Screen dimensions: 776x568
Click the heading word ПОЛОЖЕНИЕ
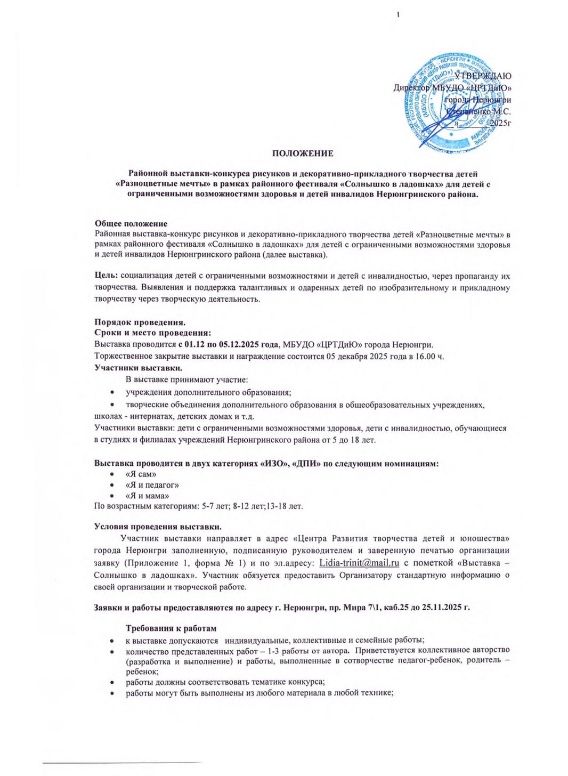pos(303,153)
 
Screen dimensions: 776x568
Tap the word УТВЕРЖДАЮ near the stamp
pos(483,76)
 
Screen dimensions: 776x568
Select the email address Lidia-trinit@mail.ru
pos(359,563)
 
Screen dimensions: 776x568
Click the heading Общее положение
pos(131,224)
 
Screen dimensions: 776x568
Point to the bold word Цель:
pos(106,276)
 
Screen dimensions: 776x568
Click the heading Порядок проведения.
pos(140,322)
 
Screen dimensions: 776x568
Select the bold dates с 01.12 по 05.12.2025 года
pos(229,344)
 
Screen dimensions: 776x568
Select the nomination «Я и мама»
pos(148,496)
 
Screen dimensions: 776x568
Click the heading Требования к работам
pos(171,628)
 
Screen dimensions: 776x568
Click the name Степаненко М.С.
pos(478,112)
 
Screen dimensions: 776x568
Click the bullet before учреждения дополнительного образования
pos(112,393)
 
